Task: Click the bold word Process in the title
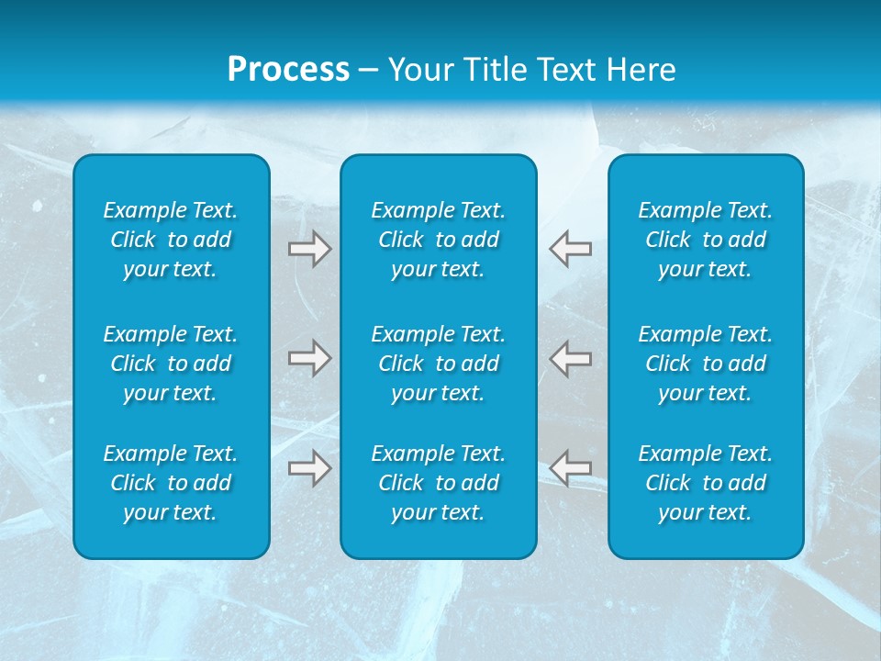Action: (288, 70)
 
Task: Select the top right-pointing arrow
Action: (309, 249)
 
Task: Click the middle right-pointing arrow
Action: (309, 357)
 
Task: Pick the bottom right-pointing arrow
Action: (309, 467)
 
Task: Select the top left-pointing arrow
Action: (571, 249)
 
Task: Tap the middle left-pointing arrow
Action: (571, 357)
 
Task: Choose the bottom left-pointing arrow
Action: (571, 467)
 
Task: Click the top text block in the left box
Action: (171, 240)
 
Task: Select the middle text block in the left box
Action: (171, 364)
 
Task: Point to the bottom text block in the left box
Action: (171, 483)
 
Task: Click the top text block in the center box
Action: (438, 240)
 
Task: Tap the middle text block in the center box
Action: (438, 364)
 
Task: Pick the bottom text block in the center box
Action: (438, 483)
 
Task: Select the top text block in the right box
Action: (705, 240)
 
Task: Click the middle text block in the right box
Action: (705, 364)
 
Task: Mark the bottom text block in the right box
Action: (705, 483)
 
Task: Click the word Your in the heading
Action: (418, 70)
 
